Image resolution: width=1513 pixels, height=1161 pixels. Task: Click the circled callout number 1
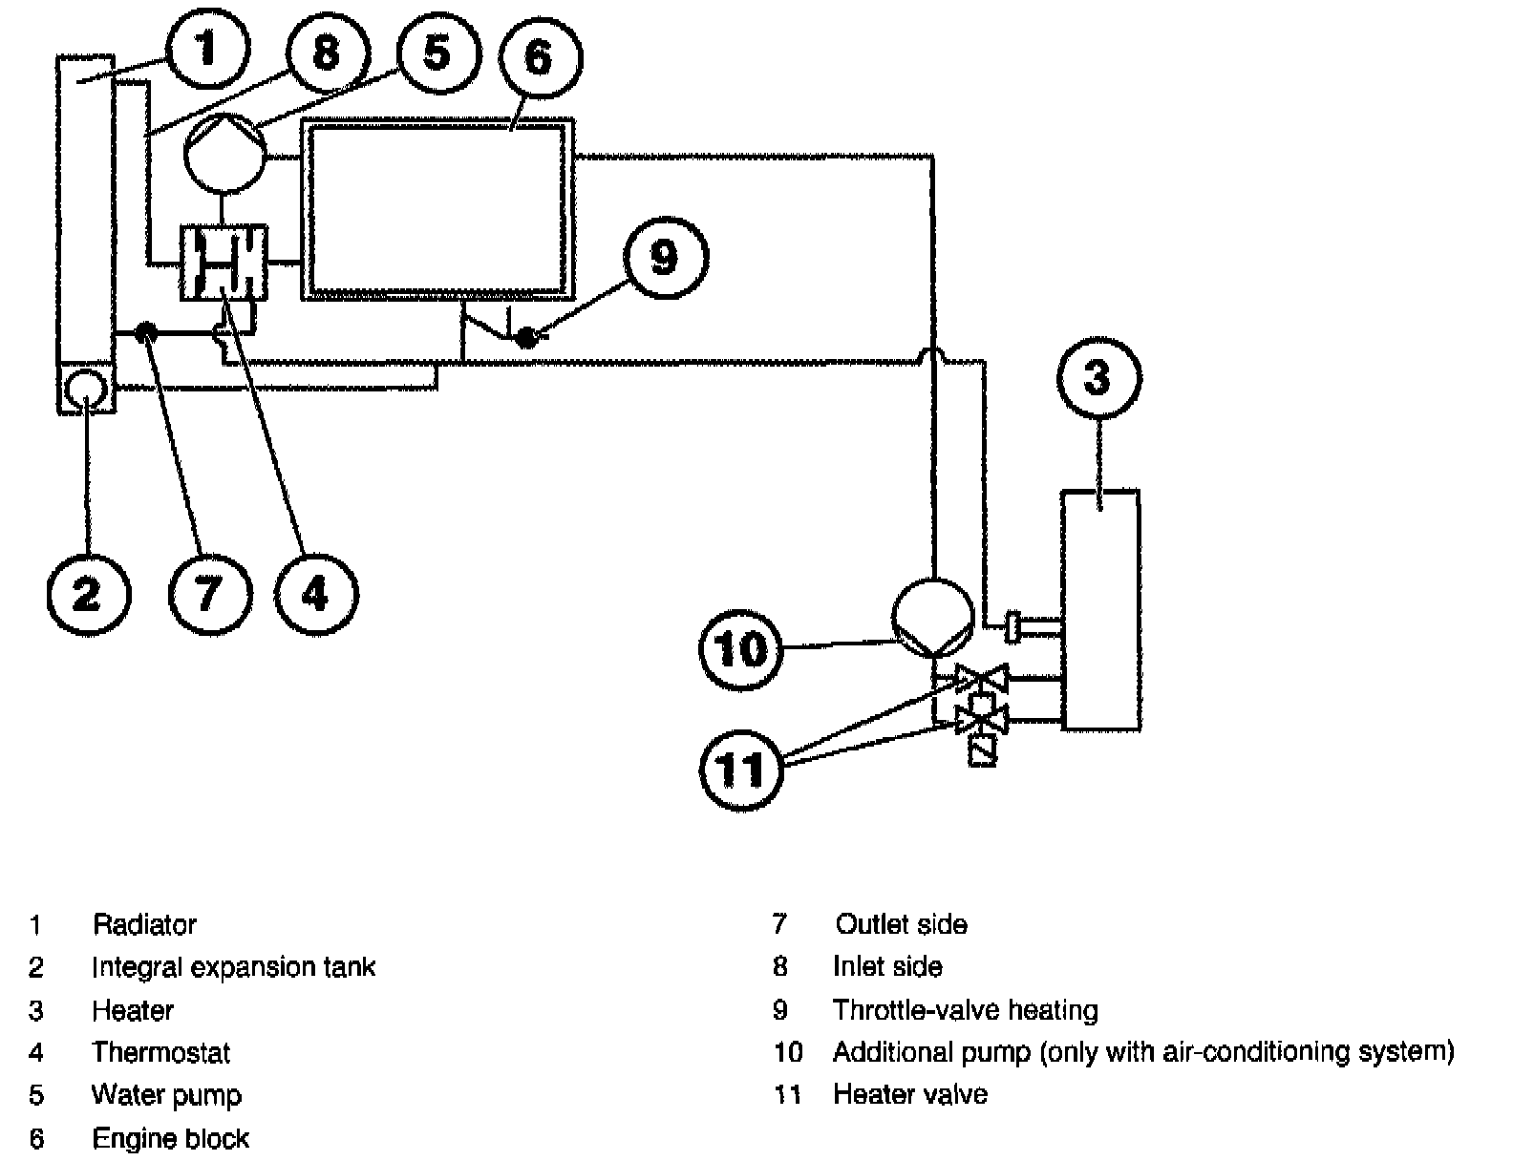point(207,49)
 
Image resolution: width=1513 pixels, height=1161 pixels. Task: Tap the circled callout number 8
point(328,53)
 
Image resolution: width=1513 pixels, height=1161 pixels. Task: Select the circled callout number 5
point(438,53)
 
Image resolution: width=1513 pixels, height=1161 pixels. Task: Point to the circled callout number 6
point(541,57)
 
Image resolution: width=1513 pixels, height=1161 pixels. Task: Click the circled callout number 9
point(666,257)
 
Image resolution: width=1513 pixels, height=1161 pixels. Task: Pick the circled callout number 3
point(1098,377)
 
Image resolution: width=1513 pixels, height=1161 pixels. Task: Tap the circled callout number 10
point(741,649)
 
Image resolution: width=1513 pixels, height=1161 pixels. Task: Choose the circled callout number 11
point(741,770)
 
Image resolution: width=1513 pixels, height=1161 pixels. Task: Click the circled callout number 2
point(89,595)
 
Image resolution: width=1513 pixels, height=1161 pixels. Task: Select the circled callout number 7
point(210,595)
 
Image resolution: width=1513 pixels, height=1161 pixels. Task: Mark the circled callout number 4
point(316,595)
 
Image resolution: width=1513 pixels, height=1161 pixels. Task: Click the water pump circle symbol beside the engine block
point(224,153)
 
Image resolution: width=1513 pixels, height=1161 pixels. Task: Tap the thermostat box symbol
point(224,263)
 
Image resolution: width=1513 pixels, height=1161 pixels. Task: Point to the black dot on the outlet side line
point(145,332)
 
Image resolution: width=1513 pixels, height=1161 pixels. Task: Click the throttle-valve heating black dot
point(527,337)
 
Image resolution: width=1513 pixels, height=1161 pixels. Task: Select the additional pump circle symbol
point(933,618)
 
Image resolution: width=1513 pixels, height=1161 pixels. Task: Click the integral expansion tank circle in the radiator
point(85,390)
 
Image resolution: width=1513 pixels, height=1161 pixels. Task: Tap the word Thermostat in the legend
point(160,1052)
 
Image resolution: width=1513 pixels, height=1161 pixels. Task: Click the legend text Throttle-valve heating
point(966,1009)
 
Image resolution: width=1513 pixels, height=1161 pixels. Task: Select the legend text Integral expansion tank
point(234,967)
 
